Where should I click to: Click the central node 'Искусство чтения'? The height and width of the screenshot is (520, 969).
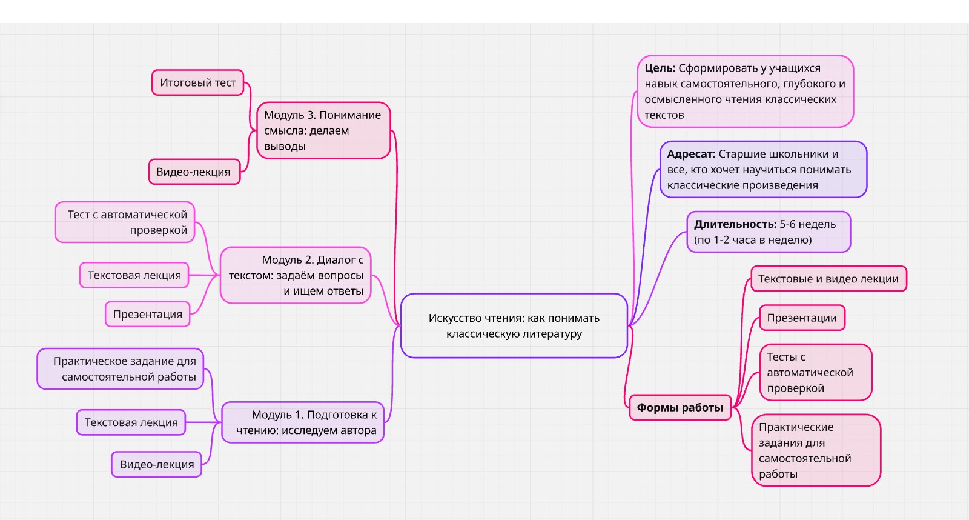[x=514, y=325]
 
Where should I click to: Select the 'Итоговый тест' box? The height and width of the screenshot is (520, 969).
[x=197, y=82]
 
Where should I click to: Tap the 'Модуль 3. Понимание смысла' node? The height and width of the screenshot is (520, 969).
[x=323, y=130]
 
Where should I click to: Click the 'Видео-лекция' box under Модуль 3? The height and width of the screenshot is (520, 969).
[x=194, y=172]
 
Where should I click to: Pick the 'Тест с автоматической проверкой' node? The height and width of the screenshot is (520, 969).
[x=125, y=222]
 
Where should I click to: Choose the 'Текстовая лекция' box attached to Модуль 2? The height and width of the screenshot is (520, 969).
[x=134, y=275]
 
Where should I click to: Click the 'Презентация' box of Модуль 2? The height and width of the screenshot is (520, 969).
[x=148, y=314]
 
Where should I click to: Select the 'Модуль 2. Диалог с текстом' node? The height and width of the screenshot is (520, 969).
[x=296, y=275]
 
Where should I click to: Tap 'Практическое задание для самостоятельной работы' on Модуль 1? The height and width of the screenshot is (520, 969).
[x=121, y=368]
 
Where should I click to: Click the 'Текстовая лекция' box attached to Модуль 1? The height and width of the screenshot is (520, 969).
[x=131, y=422]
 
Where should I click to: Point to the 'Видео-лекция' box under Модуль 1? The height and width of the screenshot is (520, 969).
[x=157, y=464]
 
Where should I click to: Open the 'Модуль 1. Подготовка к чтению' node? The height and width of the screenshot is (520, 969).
[x=303, y=422]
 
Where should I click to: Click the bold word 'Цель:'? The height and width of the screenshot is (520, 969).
[x=660, y=68]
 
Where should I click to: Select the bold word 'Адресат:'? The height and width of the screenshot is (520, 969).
[x=691, y=154]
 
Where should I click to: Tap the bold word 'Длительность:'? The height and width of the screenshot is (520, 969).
[x=735, y=224]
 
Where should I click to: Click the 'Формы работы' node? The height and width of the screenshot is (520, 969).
[x=680, y=407]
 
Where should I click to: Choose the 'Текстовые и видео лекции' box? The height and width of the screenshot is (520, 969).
[x=828, y=279]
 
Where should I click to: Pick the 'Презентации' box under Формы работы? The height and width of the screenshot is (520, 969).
[x=802, y=318]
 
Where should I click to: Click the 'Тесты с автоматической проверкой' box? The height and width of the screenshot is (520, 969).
[x=815, y=372]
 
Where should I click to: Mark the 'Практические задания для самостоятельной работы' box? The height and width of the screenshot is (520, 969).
[x=815, y=450]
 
